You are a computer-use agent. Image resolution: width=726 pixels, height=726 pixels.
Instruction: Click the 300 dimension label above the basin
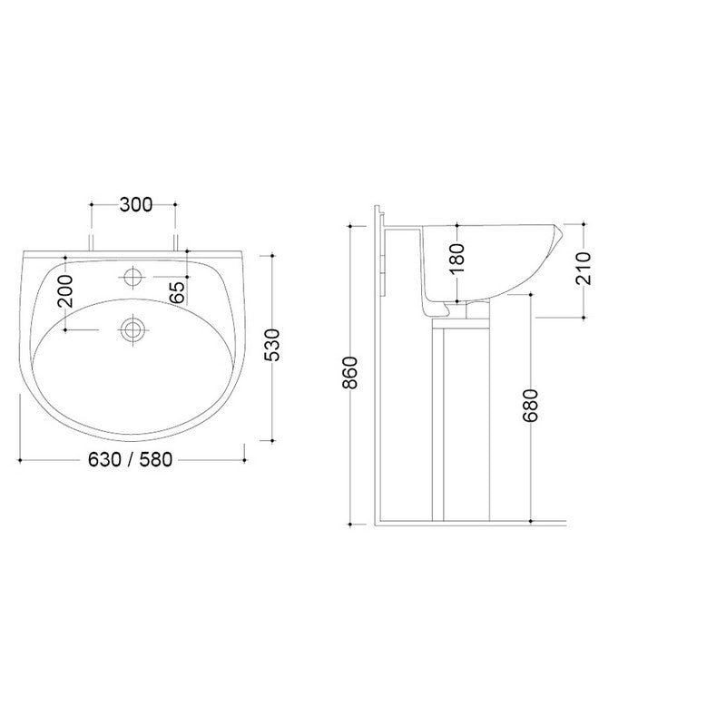coord(135,205)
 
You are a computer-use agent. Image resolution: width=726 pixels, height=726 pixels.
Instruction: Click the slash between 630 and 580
coord(131,460)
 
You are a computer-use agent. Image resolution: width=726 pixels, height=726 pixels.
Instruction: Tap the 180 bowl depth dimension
coord(457,258)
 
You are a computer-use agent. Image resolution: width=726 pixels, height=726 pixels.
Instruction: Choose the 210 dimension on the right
coord(584,268)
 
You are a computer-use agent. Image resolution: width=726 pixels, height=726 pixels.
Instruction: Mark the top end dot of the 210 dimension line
coord(584,222)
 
